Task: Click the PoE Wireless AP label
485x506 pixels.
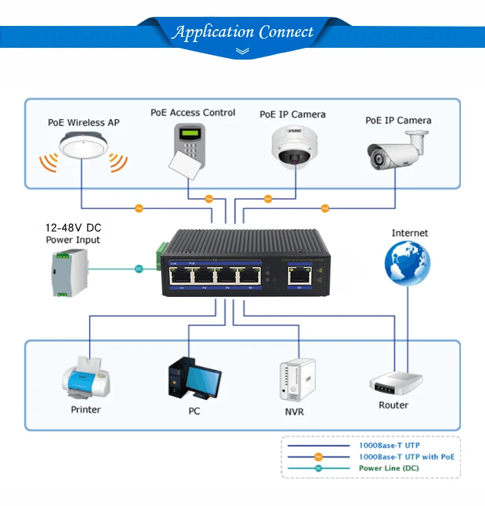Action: click(83, 122)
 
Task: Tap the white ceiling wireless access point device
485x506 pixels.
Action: click(83, 145)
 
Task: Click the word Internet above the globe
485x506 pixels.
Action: click(409, 233)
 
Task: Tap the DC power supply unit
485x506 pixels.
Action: click(68, 271)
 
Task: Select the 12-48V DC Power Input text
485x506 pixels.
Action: click(73, 234)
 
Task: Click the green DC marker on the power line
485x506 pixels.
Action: click(138, 268)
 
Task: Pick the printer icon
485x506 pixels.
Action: click(86, 379)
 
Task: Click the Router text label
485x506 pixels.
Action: click(394, 405)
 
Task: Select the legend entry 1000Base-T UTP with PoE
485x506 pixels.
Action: click(406, 457)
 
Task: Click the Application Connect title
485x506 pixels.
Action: click(242, 32)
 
